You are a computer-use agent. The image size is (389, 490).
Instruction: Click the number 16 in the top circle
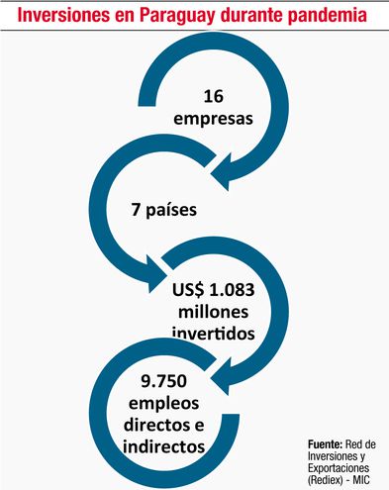(x=214, y=97)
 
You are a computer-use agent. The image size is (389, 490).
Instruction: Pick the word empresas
(x=214, y=119)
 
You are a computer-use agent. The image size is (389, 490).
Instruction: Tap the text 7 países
(x=163, y=210)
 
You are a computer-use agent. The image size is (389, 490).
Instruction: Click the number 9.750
(x=163, y=382)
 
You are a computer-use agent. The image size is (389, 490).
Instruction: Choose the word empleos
(x=163, y=403)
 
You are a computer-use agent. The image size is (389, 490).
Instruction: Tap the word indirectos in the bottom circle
(x=163, y=446)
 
